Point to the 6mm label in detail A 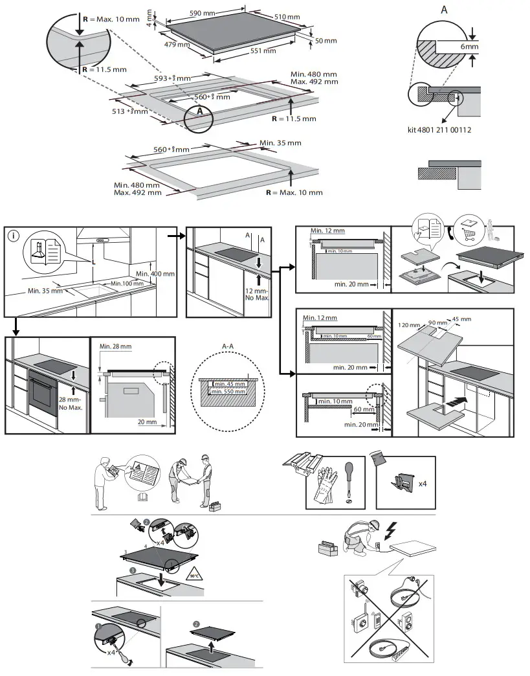[470, 47]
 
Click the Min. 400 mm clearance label [155, 274]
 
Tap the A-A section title [228, 348]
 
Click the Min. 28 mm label [116, 347]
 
